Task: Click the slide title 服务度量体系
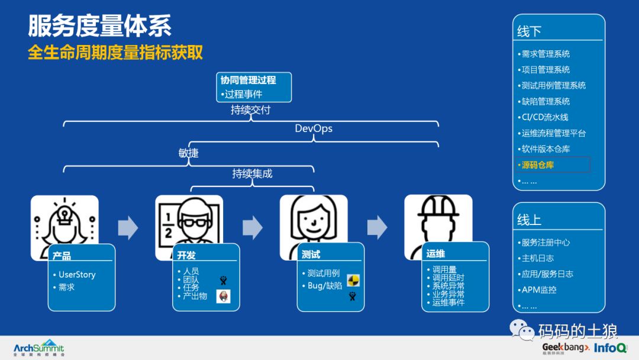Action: (x=100, y=26)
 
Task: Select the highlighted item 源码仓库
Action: (x=538, y=165)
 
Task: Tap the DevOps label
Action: (x=314, y=128)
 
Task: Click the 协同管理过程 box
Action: (x=254, y=86)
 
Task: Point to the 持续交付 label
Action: (x=251, y=110)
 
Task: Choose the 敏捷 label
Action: (x=189, y=153)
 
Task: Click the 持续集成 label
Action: (x=252, y=174)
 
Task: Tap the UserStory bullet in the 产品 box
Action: (x=77, y=275)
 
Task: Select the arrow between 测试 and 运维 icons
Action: (x=377, y=227)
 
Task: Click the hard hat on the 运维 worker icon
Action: (x=438, y=205)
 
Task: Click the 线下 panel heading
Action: (x=529, y=31)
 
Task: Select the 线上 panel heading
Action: (x=529, y=220)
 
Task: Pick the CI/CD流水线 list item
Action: (x=545, y=117)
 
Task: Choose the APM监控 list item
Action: (x=538, y=290)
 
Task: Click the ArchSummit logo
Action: (x=39, y=348)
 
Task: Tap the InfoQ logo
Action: (x=611, y=348)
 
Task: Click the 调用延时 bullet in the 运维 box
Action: (x=448, y=278)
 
